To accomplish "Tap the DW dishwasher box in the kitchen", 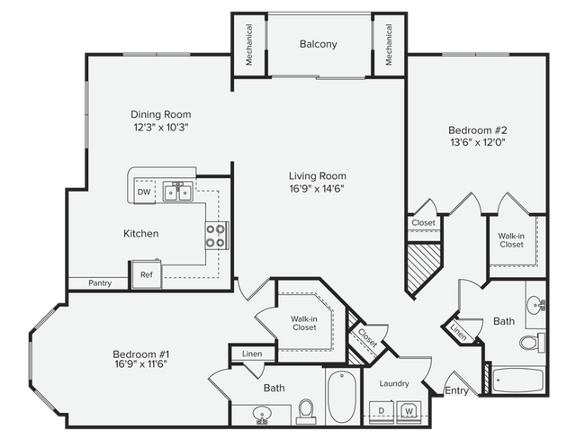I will point(144,192).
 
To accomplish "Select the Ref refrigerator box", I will point(145,274).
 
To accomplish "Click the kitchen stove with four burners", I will point(217,236).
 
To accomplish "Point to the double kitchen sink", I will point(176,191).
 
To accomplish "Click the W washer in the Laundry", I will point(409,411).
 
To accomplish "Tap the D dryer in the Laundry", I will point(381,411).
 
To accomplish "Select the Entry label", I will point(457,391).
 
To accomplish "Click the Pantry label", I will point(100,283).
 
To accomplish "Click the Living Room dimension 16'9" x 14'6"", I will point(317,189).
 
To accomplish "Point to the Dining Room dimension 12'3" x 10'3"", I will point(160,128).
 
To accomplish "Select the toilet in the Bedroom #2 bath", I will point(530,343).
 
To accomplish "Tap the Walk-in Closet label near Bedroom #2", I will point(511,239).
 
